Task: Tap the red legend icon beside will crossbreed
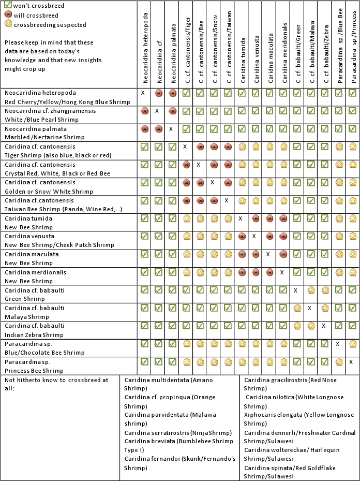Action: (x=7, y=15)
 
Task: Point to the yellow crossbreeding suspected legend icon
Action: (x=7, y=24)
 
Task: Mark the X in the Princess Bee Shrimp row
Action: (x=351, y=361)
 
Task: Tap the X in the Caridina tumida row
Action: (x=241, y=218)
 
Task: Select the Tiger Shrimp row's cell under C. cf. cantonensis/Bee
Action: (x=200, y=147)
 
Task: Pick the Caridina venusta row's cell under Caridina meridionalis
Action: (x=283, y=236)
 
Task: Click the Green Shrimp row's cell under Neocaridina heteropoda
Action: (x=144, y=290)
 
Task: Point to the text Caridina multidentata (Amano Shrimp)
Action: (x=169, y=384)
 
